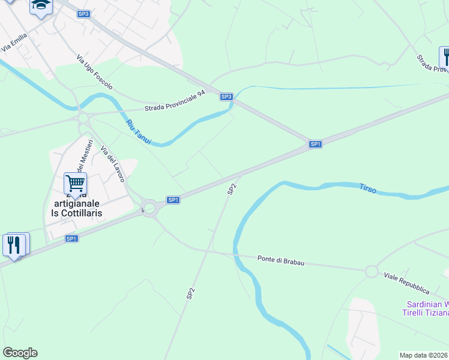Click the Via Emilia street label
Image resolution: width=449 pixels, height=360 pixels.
pos(15,40)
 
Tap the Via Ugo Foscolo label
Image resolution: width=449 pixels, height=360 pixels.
pos(94,72)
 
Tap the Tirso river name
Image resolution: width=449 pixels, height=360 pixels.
pos(368,188)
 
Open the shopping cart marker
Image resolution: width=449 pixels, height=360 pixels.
pos(75,182)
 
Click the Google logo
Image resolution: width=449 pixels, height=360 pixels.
pos(20,353)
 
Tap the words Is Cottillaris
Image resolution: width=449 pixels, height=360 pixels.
pos(76,213)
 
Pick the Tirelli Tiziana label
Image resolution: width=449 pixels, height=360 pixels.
pos(425,313)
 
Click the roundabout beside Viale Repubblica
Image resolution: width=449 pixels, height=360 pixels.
pos(372,272)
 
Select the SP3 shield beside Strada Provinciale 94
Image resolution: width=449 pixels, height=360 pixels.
pos(226,97)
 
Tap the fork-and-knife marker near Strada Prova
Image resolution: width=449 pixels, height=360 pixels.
pos(445,58)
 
